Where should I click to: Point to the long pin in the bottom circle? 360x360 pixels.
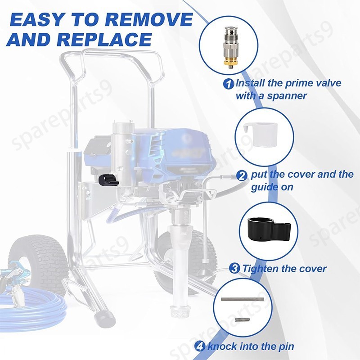click(x=242, y=299)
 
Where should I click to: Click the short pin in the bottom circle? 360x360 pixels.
click(x=242, y=320)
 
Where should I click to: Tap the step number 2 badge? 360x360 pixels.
click(x=242, y=175)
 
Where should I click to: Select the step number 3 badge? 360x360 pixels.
click(x=234, y=269)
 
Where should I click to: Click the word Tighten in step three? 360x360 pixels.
click(x=261, y=269)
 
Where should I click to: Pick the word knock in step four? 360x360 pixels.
click(x=220, y=346)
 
